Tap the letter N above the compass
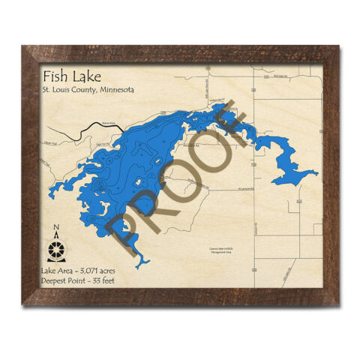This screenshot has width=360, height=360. click(56, 228)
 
